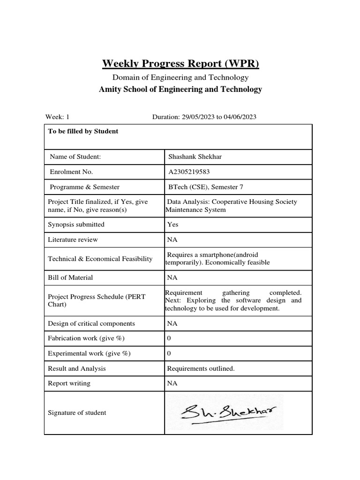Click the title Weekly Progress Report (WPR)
point(180,63)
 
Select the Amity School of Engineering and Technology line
point(180,89)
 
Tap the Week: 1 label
point(57,117)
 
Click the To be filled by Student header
point(83,131)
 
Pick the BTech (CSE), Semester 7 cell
point(206,187)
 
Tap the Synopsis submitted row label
point(76,225)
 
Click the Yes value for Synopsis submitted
point(172,225)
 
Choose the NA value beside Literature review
point(172,240)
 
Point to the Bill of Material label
point(70,277)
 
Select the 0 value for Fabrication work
point(169,338)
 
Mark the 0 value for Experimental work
point(169,353)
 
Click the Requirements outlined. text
point(201,368)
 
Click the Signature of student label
point(77,413)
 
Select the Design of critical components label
point(91,323)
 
